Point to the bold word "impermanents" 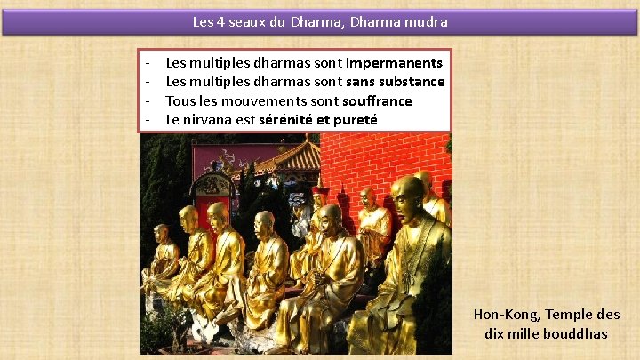pos(395,63)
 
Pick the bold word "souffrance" pos(377,100)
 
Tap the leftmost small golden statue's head pos(161,233)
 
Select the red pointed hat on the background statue pos(319,190)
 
